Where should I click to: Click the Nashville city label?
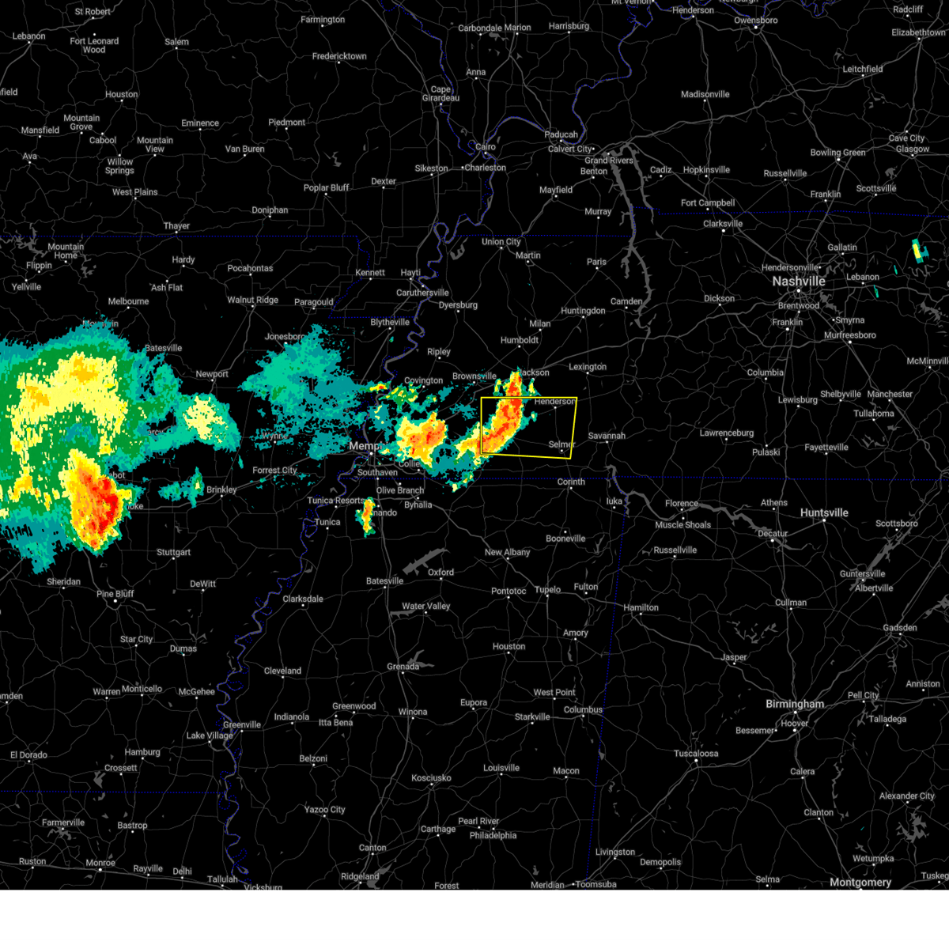798,282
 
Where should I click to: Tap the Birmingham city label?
794,704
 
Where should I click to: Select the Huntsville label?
823,512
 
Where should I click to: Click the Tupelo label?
547,589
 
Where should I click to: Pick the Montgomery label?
860,882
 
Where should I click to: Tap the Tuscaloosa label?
696,753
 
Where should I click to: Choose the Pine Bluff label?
115,594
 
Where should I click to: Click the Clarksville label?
723,224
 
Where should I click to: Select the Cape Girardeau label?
440,93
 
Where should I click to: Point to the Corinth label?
571,482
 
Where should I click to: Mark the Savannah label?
607,436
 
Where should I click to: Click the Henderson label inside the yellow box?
554,402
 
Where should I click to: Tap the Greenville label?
241,724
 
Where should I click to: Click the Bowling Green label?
837,153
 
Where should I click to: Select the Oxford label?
440,572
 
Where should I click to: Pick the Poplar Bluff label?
327,187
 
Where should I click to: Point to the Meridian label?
547,885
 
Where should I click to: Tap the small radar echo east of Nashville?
920,251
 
